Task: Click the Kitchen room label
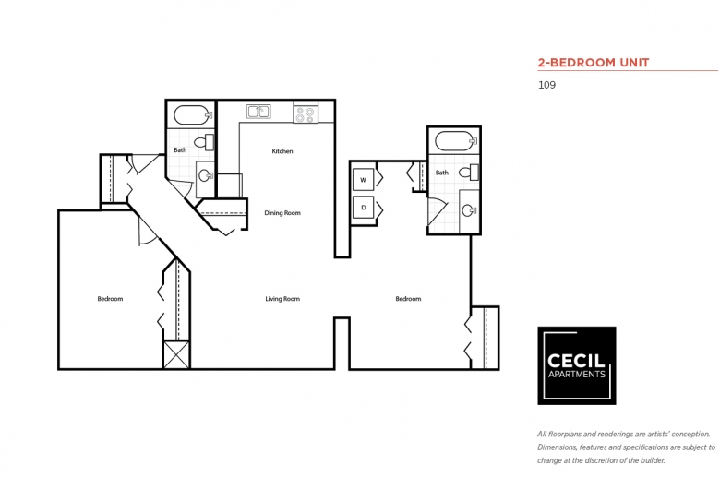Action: tap(282, 151)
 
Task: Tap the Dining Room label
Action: tap(282, 213)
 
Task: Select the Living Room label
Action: tap(282, 299)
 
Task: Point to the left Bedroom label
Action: tap(110, 299)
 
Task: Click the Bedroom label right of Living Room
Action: tap(408, 299)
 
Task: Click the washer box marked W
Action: tap(363, 180)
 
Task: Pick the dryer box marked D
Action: tap(363, 208)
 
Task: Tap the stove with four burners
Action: tap(305, 113)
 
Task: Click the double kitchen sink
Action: tap(258, 113)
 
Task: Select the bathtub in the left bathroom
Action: tap(192, 116)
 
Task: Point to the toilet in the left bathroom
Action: tap(208, 141)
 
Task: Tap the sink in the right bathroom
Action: tap(468, 210)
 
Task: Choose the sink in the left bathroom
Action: tap(206, 174)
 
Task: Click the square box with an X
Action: tap(176, 355)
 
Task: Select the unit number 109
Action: tap(546, 85)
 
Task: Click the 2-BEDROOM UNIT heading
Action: tap(594, 63)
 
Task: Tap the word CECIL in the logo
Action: tap(576, 362)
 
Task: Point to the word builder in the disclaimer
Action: tap(652, 460)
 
